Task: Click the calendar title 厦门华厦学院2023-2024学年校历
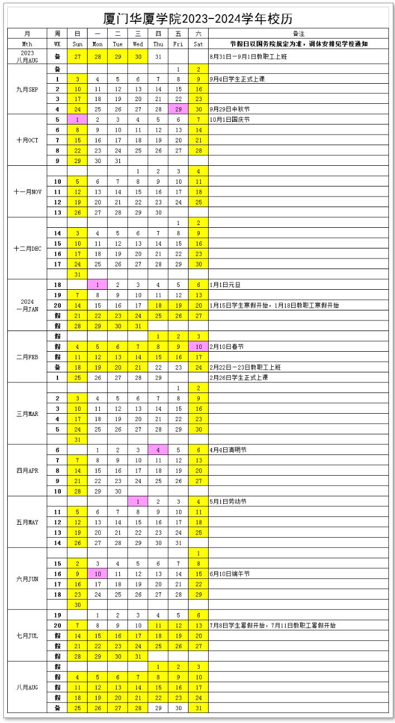[198, 18]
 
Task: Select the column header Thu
[158, 44]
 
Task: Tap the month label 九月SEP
[27, 89]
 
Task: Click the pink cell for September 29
[178, 109]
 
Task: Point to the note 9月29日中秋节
[229, 109]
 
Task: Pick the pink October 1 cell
[77, 120]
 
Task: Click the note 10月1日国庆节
[229, 120]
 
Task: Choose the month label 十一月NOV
[27, 191]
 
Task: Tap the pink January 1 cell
[97, 285]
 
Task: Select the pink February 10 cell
[198, 347]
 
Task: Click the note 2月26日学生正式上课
[238, 377]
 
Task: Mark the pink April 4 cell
[158, 450]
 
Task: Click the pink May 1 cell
[138, 501]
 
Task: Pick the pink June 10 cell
[97, 574]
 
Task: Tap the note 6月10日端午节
[229, 574]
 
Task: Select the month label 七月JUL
[27, 635]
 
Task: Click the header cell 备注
[298, 33]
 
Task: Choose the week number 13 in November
[57, 212]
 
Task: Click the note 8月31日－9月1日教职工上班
[248, 56]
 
